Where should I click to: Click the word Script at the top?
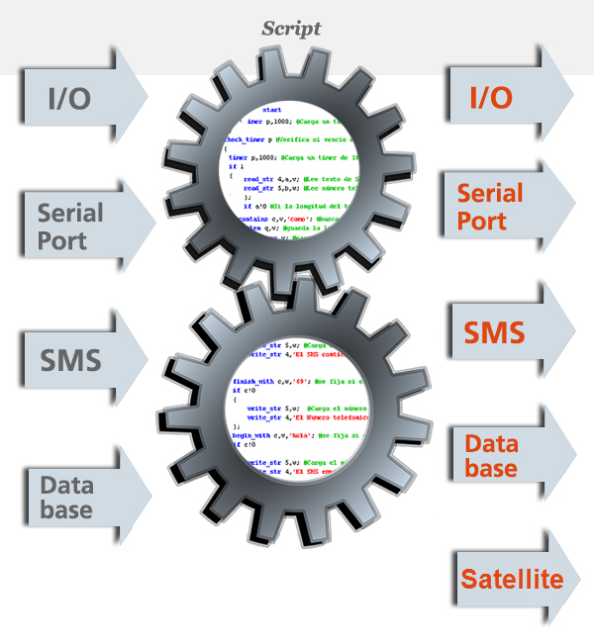(291, 29)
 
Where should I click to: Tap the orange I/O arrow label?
(491, 97)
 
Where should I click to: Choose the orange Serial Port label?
(489, 206)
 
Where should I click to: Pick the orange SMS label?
(494, 332)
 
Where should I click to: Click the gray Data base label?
(66, 498)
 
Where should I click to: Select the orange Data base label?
(491, 456)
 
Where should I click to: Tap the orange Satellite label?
(511, 579)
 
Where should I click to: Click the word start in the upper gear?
(272, 109)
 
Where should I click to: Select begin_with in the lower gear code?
(252, 434)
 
